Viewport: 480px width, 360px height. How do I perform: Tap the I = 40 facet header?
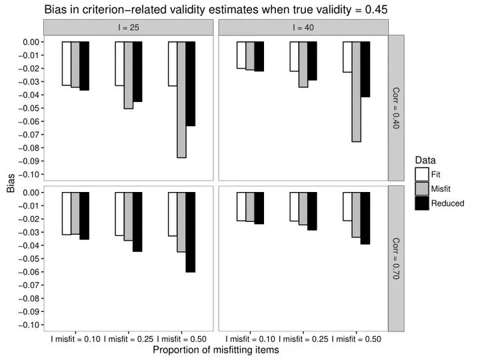pyautogui.click(x=303, y=27)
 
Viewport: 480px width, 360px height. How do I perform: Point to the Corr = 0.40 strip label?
pyautogui.click(x=395, y=109)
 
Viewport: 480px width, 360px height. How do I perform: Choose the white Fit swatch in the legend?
pyautogui.click(x=422, y=174)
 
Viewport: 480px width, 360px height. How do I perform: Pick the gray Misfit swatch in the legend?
pyautogui.click(x=422, y=189)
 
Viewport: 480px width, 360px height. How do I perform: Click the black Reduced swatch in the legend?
pyautogui.click(x=422, y=203)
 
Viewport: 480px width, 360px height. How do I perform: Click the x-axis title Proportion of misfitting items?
pyautogui.click(x=215, y=349)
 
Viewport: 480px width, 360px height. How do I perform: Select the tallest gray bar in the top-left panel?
pyautogui.click(x=181, y=100)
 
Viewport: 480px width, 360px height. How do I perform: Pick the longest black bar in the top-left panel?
pyautogui.click(x=191, y=84)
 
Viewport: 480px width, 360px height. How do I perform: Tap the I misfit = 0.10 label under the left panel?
pyautogui.click(x=75, y=339)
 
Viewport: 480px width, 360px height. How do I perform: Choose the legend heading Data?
pyautogui.click(x=425, y=160)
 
